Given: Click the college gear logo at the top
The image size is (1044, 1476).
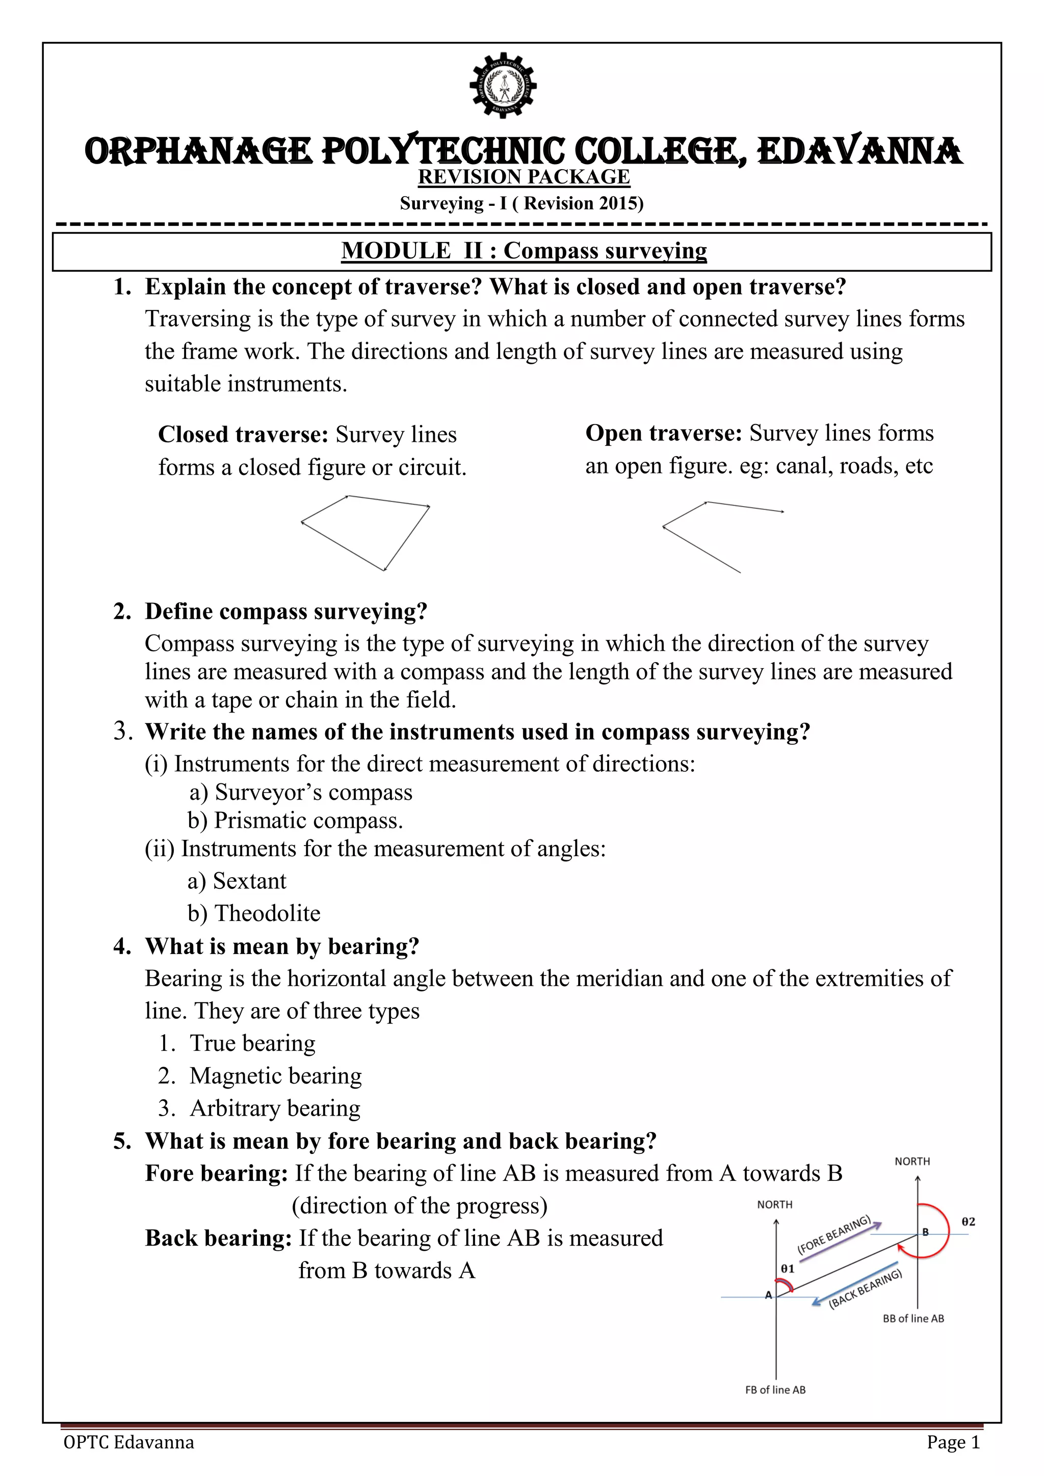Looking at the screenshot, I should click(503, 86).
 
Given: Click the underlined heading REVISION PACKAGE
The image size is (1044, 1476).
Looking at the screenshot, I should click(524, 177).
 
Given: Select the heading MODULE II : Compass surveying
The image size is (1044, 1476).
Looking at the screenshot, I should click(524, 251).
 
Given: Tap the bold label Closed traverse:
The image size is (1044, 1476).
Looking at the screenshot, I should click(244, 435).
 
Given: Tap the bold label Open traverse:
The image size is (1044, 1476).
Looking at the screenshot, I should click(664, 433).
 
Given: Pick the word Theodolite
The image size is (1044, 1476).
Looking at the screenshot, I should click(268, 913).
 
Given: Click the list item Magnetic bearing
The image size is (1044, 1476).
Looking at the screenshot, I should click(275, 1075).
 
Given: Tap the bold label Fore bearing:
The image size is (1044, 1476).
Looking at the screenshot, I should click(216, 1173).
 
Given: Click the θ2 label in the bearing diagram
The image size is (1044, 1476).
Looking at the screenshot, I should click(968, 1222).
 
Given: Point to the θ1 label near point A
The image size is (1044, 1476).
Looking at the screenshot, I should click(788, 1269).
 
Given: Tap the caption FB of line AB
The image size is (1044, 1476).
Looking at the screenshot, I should click(775, 1390).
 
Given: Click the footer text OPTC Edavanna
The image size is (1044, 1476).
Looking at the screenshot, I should click(128, 1442).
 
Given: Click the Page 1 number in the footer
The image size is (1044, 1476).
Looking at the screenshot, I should click(953, 1442).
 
